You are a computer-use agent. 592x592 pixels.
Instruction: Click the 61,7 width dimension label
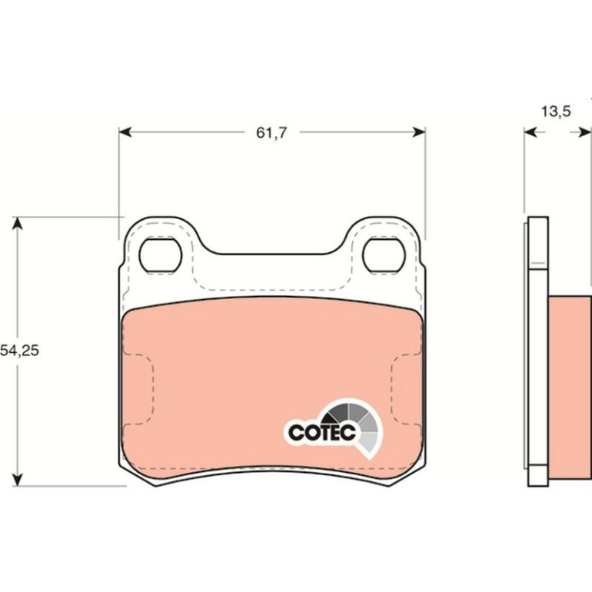pyautogui.click(x=271, y=132)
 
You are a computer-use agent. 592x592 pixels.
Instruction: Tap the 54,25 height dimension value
pyautogui.click(x=19, y=351)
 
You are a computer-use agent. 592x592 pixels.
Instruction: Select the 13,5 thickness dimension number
pyautogui.click(x=556, y=111)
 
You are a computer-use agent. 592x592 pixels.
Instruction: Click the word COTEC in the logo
pyautogui.click(x=322, y=432)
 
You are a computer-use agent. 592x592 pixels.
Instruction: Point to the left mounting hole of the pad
pyautogui.click(x=161, y=255)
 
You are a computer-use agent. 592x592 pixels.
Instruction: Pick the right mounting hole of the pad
pyautogui.click(x=384, y=255)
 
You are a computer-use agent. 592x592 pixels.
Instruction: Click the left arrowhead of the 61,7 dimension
pyautogui.click(x=125, y=132)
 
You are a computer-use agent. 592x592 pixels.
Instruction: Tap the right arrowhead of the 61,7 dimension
pyautogui.click(x=419, y=132)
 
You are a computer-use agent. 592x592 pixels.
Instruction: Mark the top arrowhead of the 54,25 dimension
pyautogui.click(x=18, y=224)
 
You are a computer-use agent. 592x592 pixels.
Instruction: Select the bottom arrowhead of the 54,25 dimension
pyautogui.click(x=18, y=480)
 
